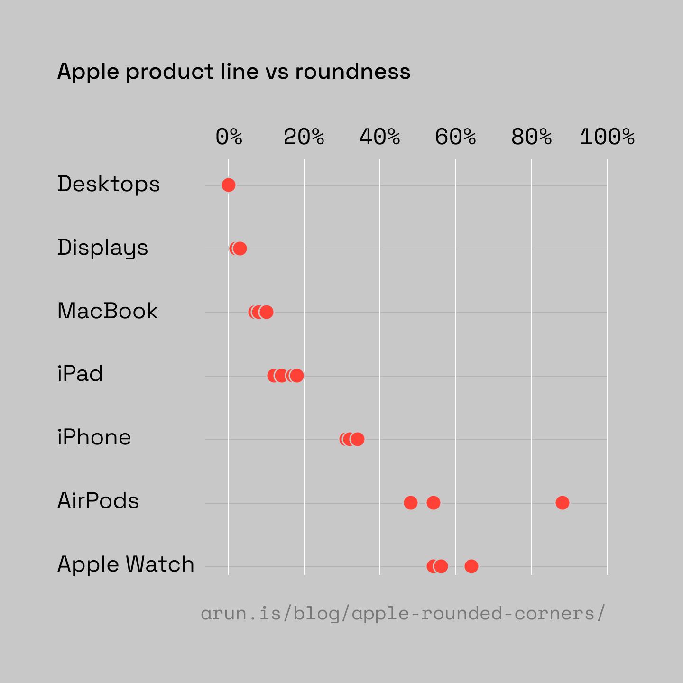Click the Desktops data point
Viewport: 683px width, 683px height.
(x=228, y=185)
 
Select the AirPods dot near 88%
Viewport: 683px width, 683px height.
(x=562, y=502)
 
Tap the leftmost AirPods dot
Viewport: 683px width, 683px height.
(x=410, y=502)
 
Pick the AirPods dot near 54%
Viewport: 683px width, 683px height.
(x=433, y=502)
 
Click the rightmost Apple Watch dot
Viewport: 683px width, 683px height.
(x=471, y=566)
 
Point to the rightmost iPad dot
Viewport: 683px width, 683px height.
(x=297, y=376)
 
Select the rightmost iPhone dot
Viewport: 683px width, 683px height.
(x=358, y=439)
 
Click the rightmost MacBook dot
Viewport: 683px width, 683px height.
(x=267, y=312)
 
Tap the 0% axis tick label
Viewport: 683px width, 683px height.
(x=229, y=138)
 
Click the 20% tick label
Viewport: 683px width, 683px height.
(x=304, y=138)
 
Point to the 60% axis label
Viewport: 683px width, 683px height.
(x=455, y=138)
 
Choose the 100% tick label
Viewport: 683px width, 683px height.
(x=607, y=138)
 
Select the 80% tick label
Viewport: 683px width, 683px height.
(x=531, y=138)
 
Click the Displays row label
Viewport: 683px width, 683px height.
(x=102, y=248)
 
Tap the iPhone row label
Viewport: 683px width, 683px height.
(x=94, y=437)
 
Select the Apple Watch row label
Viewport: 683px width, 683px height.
(x=126, y=564)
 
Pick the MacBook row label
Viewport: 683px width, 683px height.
(x=107, y=311)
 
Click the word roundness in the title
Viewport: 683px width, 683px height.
(x=352, y=72)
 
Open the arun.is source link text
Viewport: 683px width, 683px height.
(x=403, y=614)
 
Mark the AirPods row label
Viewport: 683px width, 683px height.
(x=98, y=501)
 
